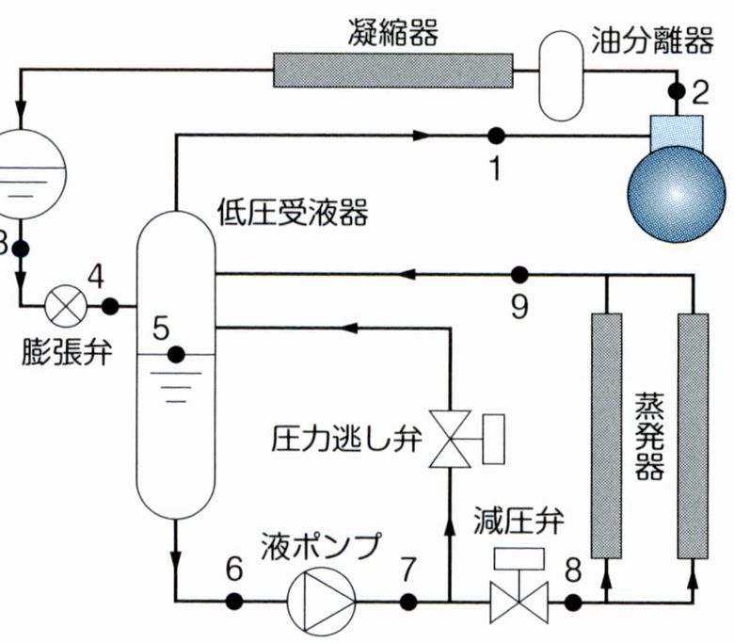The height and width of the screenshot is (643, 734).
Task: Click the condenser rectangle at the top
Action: tap(392, 68)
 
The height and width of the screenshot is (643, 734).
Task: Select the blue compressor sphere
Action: tap(677, 192)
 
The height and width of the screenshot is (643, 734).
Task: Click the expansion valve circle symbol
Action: tap(67, 305)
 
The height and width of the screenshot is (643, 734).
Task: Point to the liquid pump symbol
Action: tap(320, 599)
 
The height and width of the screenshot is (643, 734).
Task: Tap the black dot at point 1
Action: tap(496, 136)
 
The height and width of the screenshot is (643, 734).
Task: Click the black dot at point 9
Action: tap(519, 275)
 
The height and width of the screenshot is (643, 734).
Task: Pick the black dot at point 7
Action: tap(408, 599)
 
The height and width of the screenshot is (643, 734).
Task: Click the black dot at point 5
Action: tap(175, 354)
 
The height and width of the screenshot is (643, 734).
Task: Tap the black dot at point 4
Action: tap(109, 305)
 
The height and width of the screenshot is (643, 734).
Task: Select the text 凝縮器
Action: tap(393, 34)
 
